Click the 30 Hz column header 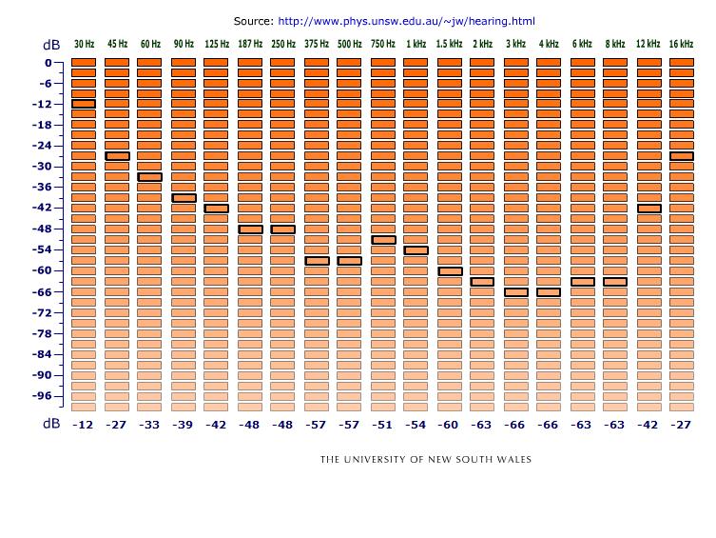[84, 44]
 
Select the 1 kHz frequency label [416, 44]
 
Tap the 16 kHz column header [681, 44]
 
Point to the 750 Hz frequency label [383, 44]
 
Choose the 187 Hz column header [250, 44]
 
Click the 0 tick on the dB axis [47, 63]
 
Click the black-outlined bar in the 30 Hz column [84, 104]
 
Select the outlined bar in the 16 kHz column [682, 156]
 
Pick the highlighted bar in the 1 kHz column [416, 250]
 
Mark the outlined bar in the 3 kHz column [516, 292]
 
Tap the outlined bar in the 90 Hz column [184, 198]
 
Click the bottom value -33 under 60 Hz [149, 425]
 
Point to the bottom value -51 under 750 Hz [382, 425]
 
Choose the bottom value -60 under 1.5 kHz [449, 425]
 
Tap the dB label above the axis [50, 45]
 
